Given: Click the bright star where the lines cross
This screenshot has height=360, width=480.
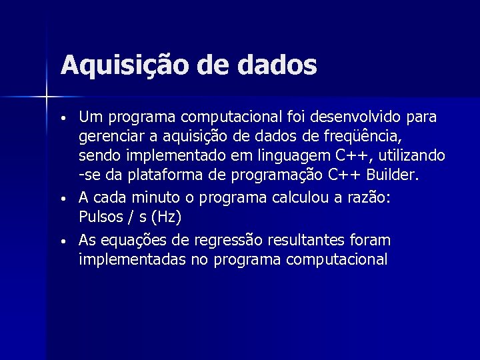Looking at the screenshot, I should coord(47,97).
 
